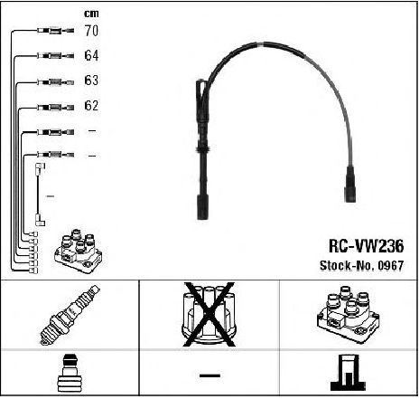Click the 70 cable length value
click(91, 31)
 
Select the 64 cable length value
click(91, 55)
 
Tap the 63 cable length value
click(91, 81)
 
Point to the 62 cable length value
click(91, 105)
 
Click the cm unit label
click(91, 14)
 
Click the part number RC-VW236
click(366, 246)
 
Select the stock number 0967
click(391, 265)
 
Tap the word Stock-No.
click(347, 265)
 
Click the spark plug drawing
click(70, 315)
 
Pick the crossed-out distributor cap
click(209, 315)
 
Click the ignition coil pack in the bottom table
click(349, 315)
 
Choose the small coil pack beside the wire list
click(79, 252)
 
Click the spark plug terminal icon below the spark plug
click(70, 373)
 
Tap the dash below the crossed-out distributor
click(209, 375)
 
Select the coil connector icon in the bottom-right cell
click(349, 373)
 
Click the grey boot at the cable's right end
click(350, 184)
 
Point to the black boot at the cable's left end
click(202, 207)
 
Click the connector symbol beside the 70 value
click(56, 31)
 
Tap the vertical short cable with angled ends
click(40, 195)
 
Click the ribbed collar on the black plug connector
click(203, 149)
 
